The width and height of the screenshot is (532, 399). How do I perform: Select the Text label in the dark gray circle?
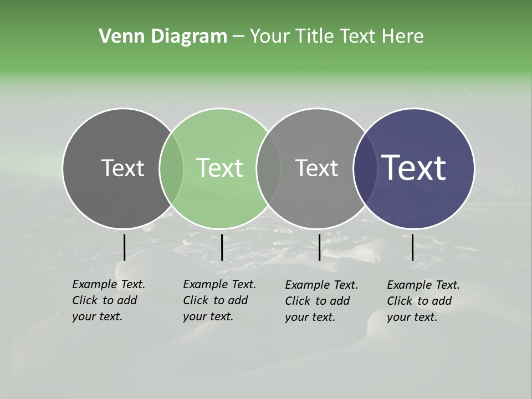click(x=122, y=168)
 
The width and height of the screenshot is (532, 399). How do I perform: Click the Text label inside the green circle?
click(x=220, y=168)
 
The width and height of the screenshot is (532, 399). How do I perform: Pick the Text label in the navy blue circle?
click(x=414, y=168)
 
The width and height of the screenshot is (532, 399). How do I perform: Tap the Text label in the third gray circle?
click(x=316, y=168)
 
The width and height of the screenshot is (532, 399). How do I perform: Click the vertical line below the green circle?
click(x=222, y=247)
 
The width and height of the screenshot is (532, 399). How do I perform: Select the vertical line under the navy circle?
click(x=412, y=247)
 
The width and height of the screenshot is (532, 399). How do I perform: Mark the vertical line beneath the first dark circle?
click(x=124, y=247)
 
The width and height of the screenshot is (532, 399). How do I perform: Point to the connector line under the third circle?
click(x=319, y=247)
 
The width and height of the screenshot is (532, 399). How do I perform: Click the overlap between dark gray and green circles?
click(x=171, y=168)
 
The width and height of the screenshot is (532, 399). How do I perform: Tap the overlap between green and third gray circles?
click(x=268, y=168)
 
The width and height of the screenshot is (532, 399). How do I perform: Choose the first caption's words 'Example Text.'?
click(x=109, y=284)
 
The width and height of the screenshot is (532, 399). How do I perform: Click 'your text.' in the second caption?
click(x=208, y=316)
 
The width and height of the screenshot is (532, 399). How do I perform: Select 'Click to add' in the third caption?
click(x=318, y=301)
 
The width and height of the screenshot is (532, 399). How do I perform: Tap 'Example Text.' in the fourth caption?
click(x=423, y=285)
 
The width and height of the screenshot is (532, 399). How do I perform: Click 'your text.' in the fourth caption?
click(x=412, y=317)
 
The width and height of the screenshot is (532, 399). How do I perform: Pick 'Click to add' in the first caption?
click(x=105, y=300)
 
